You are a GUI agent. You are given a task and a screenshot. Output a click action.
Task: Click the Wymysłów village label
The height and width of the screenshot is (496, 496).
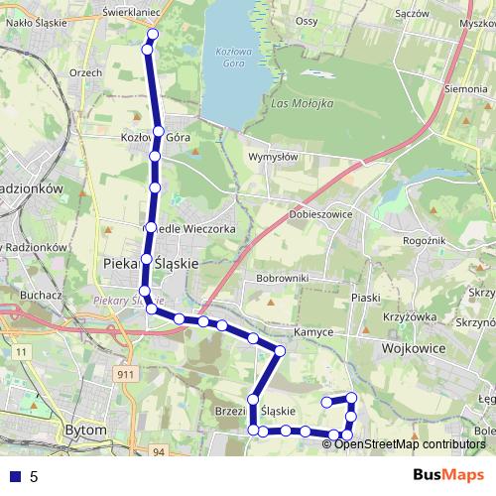click(x=273, y=156)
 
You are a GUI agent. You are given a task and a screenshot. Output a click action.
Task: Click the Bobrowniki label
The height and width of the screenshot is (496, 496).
click(x=283, y=277)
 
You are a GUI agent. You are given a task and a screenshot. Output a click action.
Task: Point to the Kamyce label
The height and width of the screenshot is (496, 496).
click(x=312, y=333)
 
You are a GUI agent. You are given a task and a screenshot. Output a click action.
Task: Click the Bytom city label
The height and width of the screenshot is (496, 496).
click(x=83, y=431)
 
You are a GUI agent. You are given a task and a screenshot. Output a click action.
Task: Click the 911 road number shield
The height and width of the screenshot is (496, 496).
click(x=125, y=375)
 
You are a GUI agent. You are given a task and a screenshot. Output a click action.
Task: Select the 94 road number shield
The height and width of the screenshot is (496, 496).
click(x=159, y=451)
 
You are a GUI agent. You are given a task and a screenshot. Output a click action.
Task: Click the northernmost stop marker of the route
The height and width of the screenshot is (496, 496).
click(x=152, y=35)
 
